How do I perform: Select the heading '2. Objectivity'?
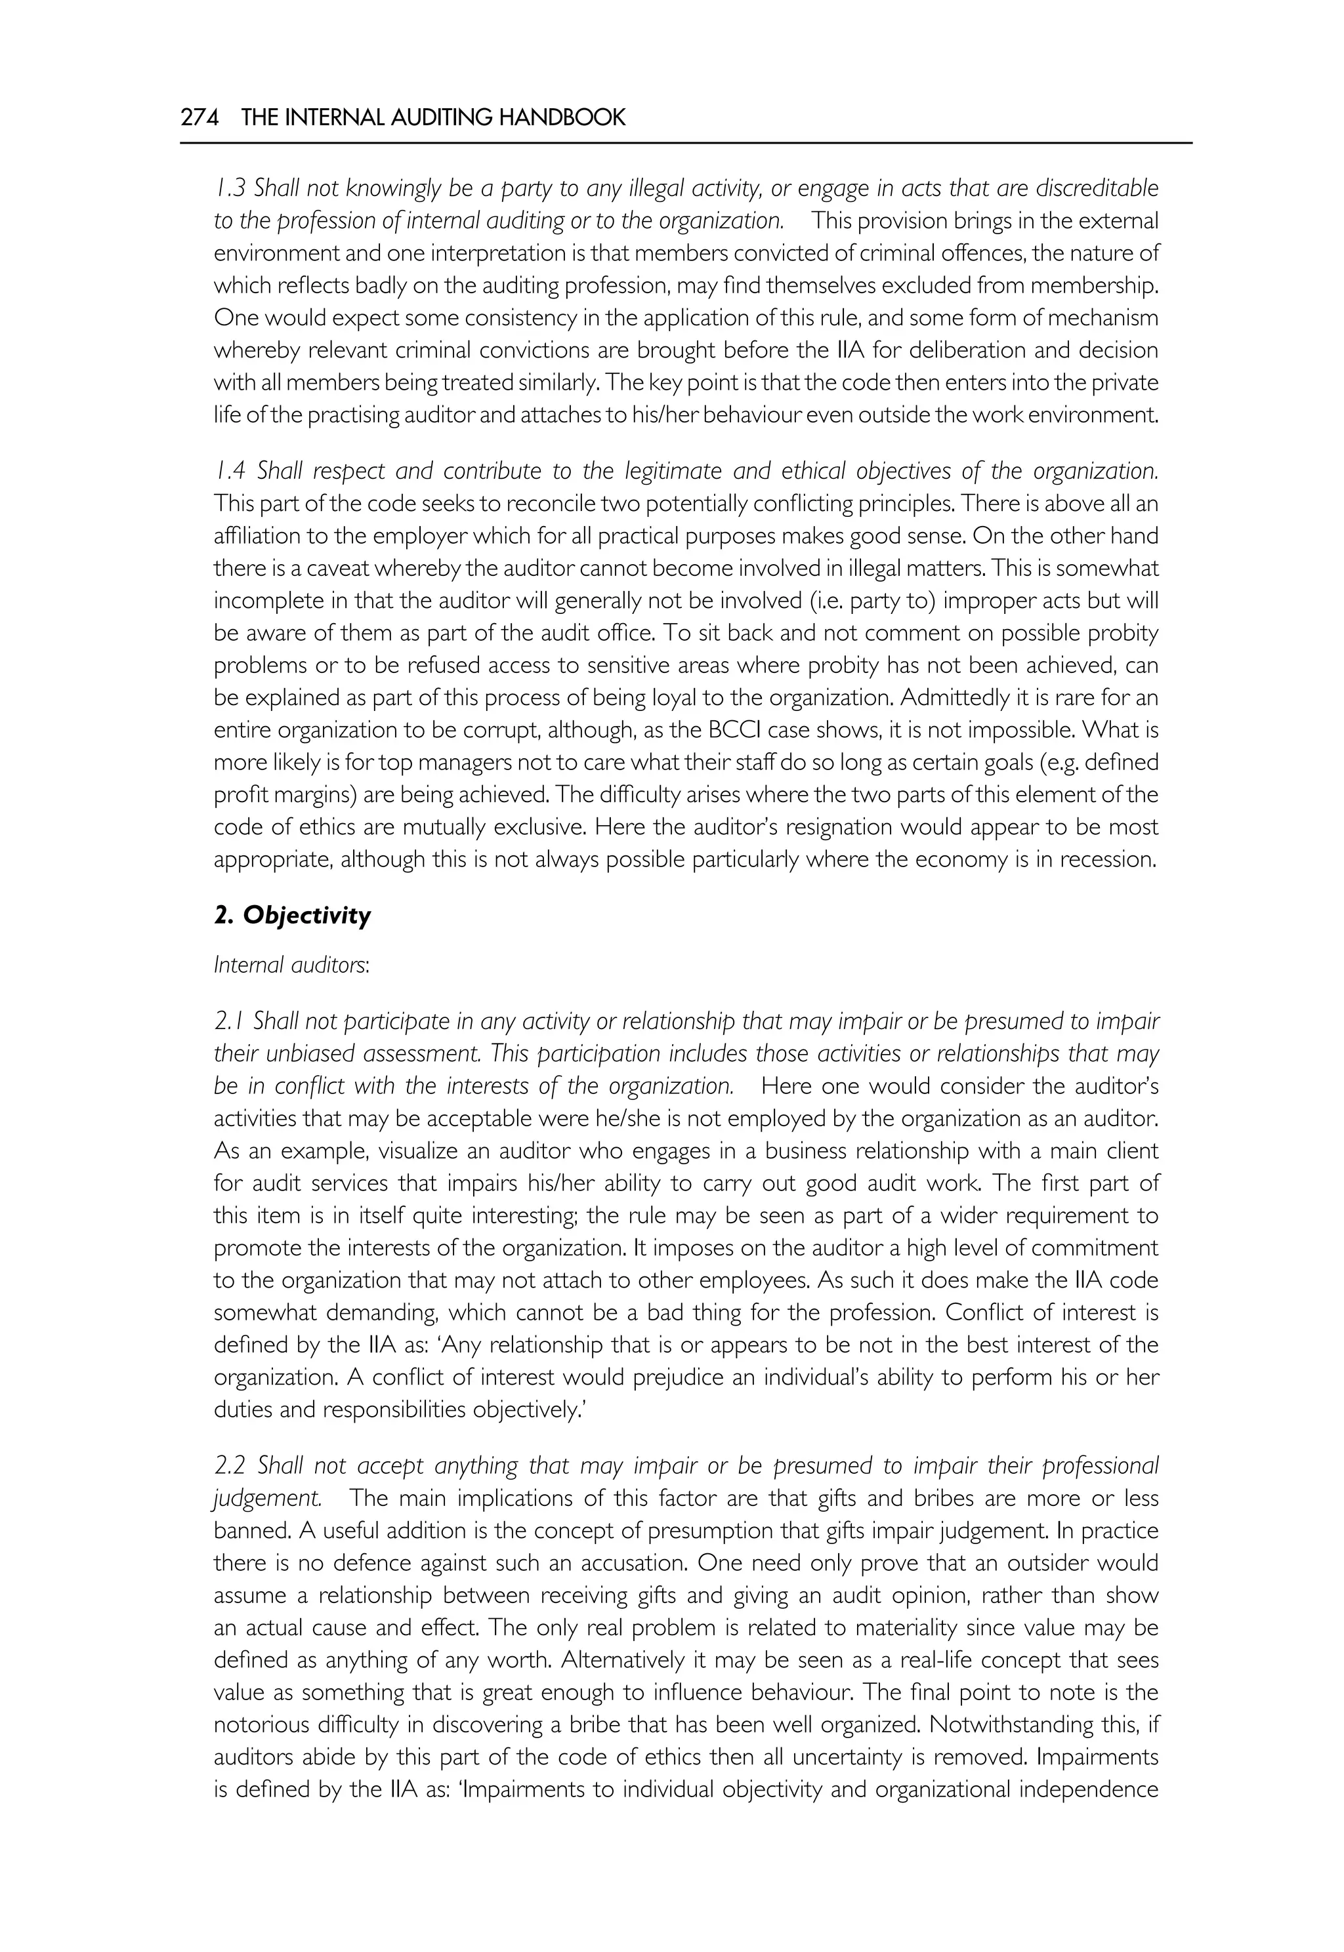coord(292,916)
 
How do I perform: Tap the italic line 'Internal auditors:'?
coord(291,965)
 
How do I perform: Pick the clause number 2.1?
coord(228,1022)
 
